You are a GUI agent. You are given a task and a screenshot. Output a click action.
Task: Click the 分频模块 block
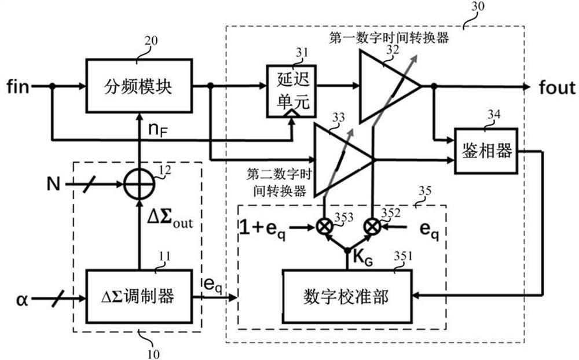(x=138, y=85)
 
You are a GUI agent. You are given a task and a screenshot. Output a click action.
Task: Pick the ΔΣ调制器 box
(x=138, y=296)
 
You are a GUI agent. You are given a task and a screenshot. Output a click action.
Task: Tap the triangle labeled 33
(x=342, y=158)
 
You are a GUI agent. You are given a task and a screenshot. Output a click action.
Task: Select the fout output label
(x=555, y=87)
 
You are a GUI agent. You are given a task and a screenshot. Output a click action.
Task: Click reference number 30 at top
(x=479, y=7)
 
